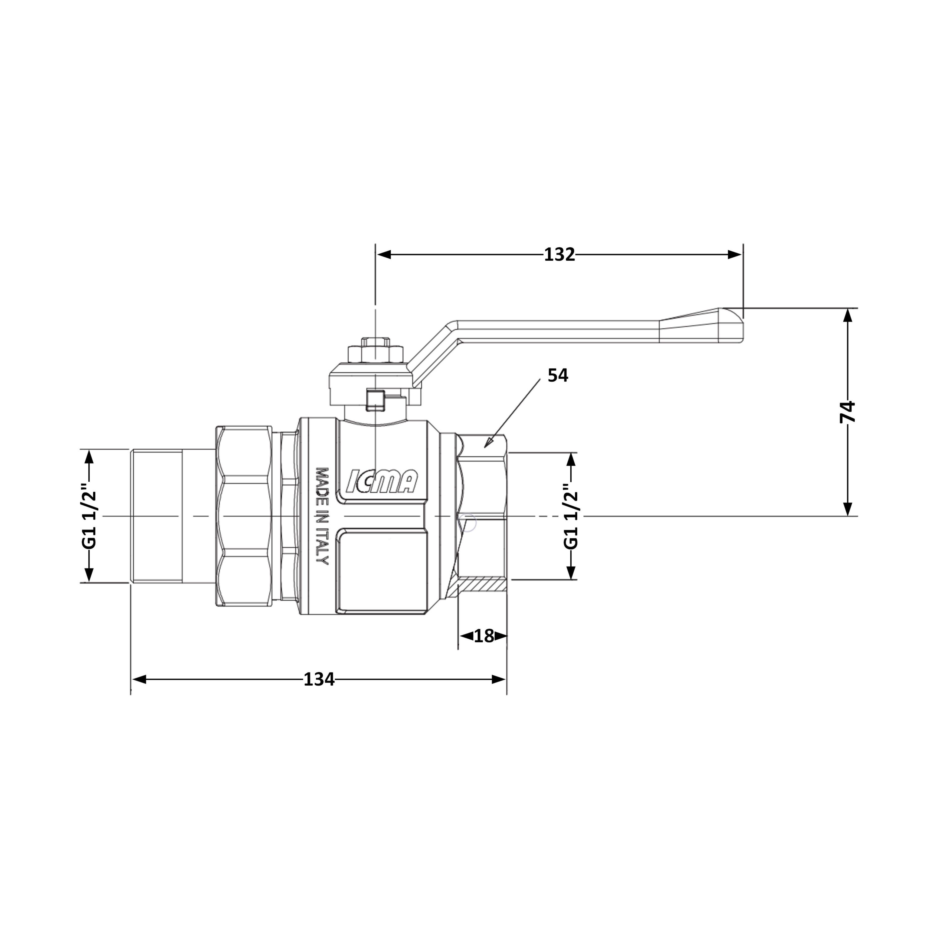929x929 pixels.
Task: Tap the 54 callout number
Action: tap(558, 376)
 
